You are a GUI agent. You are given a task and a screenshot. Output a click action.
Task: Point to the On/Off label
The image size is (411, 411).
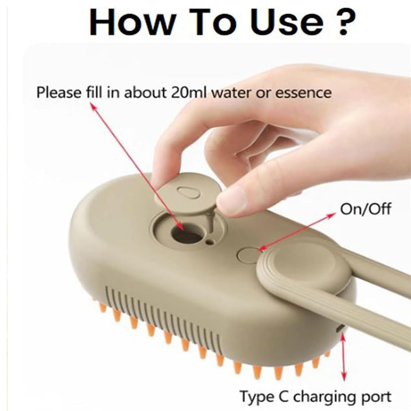[x=365, y=209]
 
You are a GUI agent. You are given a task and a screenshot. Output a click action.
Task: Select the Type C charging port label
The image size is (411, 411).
[x=315, y=397]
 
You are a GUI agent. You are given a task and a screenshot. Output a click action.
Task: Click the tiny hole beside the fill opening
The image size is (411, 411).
[x=211, y=241]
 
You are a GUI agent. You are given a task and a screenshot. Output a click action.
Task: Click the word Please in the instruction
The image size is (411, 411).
[x=59, y=92]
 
